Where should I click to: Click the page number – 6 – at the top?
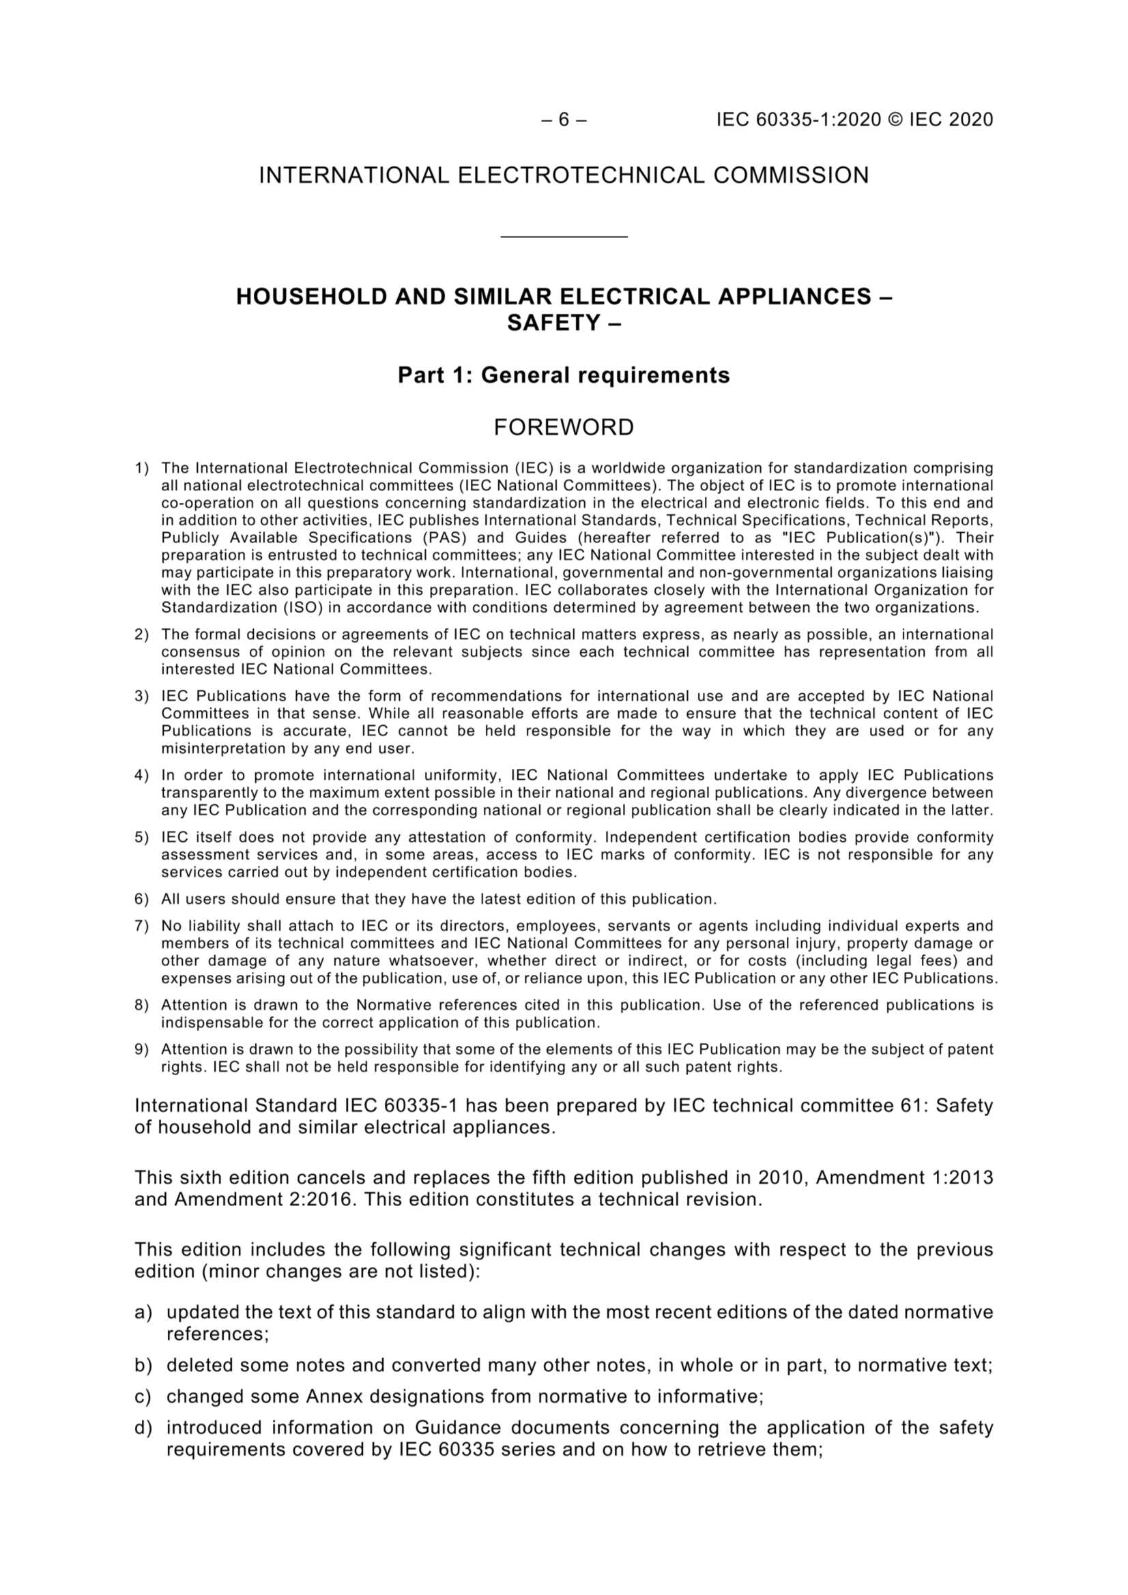tap(563, 120)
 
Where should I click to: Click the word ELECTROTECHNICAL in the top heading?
tap(581, 175)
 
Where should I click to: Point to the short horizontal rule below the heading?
tap(564, 237)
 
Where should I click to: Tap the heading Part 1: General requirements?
tap(564, 375)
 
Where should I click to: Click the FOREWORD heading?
tap(564, 427)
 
